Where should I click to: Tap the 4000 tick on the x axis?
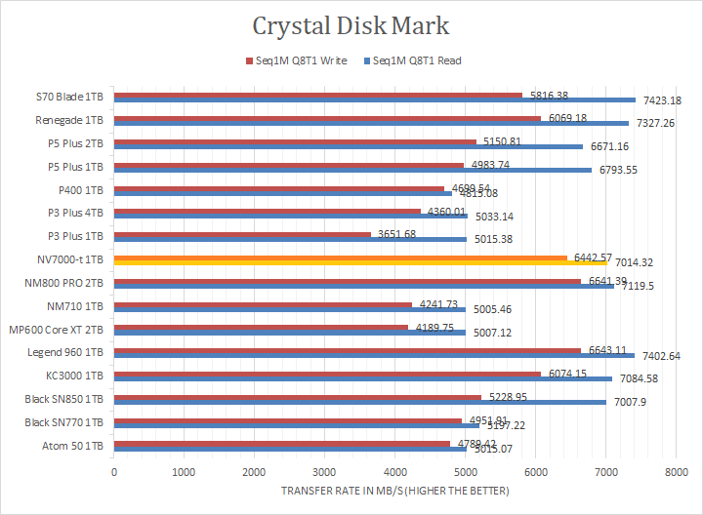(x=394, y=471)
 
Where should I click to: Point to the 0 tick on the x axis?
(x=114, y=471)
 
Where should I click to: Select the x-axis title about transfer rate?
(x=393, y=491)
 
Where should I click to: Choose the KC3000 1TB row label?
(x=77, y=375)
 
